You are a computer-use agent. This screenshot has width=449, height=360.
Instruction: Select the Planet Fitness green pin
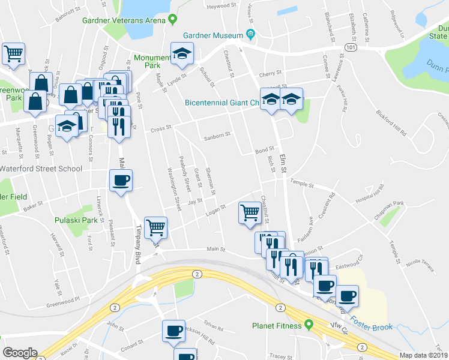pos(309,325)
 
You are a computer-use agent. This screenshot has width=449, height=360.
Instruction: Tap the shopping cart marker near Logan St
pos(250,212)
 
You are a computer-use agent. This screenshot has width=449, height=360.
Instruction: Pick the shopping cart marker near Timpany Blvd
pos(156,228)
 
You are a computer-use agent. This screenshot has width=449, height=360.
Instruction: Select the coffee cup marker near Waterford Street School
pos(121,180)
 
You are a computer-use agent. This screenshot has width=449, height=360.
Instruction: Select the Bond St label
pos(265,150)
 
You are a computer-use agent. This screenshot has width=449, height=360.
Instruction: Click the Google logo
pos(20,353)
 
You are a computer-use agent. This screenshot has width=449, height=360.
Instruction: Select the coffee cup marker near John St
pos(174,331)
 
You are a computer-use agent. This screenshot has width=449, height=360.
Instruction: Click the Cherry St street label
pos(266,74)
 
